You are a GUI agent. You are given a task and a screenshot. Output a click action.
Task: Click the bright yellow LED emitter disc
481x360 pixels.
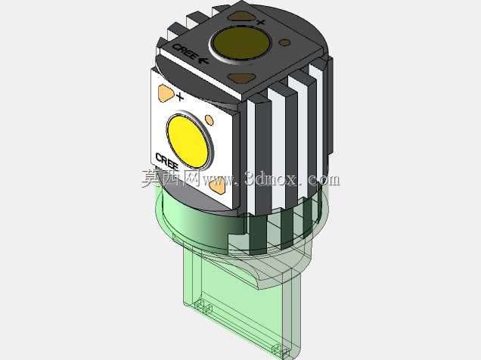tap(188, 141)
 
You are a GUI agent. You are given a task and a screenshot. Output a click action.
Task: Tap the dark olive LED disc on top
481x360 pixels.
tap(240, 42)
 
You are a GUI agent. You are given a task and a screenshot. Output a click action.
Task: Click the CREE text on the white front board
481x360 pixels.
tap(167, 161)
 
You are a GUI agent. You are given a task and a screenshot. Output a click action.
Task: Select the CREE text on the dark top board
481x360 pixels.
tap(185, 51)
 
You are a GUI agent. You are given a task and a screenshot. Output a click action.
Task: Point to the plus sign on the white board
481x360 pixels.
tap(179, 98)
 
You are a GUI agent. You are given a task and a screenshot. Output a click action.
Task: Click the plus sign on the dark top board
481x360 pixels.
tap(260, 22)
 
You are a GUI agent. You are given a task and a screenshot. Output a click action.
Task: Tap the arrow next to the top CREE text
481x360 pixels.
tap(204, 61)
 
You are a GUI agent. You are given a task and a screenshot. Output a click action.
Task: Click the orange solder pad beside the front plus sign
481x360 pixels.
tap(166, 93)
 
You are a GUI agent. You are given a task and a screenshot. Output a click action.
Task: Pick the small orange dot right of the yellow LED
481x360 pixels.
tap(209, 120)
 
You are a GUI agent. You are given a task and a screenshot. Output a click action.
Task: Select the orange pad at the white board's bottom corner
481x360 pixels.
tap(218, 186)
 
